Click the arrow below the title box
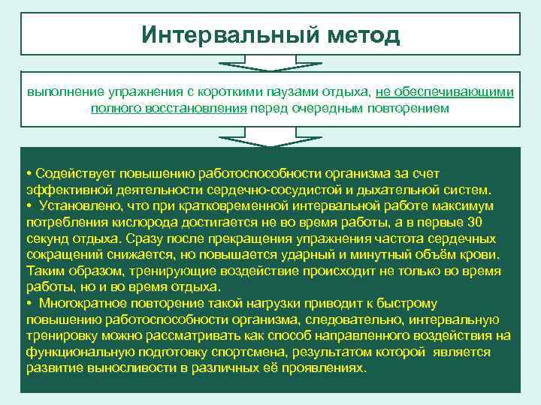(x=270, y=64)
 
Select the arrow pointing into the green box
(x=270, y=137)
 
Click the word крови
(x=484, y=254)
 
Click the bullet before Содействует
(x=28, y=174)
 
